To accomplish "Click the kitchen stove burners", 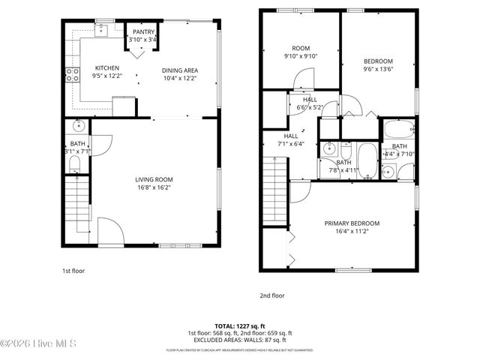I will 73,73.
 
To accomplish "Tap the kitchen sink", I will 102,30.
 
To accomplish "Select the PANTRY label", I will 143,32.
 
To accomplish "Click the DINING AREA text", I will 180,70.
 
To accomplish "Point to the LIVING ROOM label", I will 154,179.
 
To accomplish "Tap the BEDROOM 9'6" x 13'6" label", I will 379,64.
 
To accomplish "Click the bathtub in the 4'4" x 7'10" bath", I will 397,129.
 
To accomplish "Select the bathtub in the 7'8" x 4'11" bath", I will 367,160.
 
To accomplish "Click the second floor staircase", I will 276,191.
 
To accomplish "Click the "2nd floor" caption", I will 271,295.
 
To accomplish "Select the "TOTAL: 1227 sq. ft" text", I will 239,326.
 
